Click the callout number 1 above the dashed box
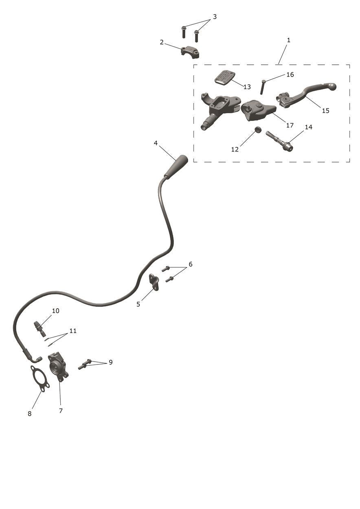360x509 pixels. coord(288,40)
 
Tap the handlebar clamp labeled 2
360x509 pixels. coord(190,52)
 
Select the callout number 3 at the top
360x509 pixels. coord(215,17)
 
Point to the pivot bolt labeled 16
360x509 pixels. coord(263,87)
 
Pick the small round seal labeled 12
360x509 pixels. coord(257,129)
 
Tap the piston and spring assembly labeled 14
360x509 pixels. coord(279,141)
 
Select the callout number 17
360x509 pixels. coord(290,125)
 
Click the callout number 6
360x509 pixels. coord(191,264)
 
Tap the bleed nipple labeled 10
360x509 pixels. coord(40,328)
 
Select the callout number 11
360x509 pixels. coord(73,331)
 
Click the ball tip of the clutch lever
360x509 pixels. coord(332,86)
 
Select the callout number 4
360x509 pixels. coord(156,143)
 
